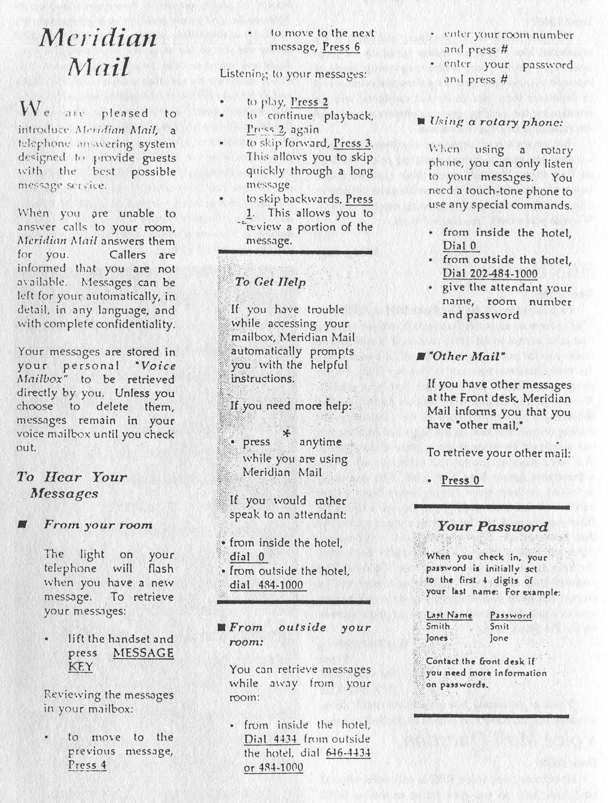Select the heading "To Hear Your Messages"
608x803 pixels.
72,485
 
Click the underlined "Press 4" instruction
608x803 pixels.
87,765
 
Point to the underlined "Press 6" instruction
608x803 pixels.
341,47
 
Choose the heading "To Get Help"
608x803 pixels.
270,282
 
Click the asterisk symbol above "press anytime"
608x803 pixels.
286,433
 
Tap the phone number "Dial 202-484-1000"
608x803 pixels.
490,273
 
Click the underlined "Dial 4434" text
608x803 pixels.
271,739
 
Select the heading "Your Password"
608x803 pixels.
492,527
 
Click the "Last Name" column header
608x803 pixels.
449,615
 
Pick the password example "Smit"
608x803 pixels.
499,626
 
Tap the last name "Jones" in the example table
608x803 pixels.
437,638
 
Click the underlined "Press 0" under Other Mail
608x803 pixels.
461,480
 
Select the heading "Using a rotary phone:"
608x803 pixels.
496,122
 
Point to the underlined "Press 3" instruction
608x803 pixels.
352,143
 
